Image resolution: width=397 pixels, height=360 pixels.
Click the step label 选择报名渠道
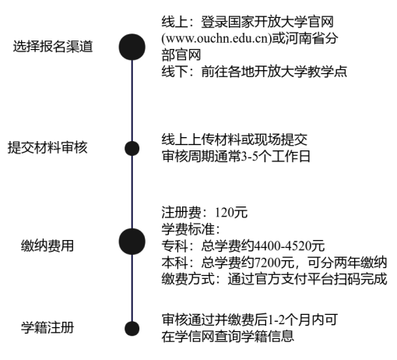pos(53,47)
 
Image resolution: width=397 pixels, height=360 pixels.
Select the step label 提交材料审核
pos(47,148)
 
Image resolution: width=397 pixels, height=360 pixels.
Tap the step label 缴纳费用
pos(47,245)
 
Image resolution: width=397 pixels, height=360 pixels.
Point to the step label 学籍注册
pos(47,327)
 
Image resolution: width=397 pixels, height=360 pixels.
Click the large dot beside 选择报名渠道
pos(132,47)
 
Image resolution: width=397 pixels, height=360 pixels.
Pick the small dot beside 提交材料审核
pos(132,148)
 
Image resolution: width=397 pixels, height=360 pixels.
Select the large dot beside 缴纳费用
pos(132,242)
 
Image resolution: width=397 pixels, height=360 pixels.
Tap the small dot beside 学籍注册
pos(132,329)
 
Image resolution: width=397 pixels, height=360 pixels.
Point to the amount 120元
pos(231,213)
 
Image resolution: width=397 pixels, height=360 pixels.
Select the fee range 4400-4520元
pos(289,245)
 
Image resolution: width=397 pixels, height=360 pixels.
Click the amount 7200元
pos(274,263)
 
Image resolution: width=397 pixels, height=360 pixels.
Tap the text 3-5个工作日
pos(276,157)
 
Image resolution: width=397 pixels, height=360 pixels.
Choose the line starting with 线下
pos(255,72)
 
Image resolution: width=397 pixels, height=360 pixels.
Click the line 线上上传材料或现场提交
pos(234,139)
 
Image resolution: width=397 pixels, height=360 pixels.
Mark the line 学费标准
pos(191,229)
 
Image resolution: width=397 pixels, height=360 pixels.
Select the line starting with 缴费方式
pos(274,279)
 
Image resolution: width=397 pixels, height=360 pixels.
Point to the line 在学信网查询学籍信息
pos(228,336)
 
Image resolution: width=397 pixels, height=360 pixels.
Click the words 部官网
pos(181,55)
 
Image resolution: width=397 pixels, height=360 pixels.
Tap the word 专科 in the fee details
pos(174,245)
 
